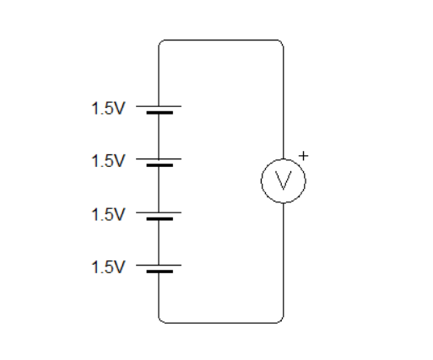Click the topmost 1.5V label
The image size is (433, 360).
(x=108, y=109)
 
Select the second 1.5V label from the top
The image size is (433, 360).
(x=108, y=160)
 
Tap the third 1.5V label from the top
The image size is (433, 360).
(x=108, y=214)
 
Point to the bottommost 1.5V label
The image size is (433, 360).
(x=108, y=267)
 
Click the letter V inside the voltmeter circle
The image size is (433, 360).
(x=284, y=180)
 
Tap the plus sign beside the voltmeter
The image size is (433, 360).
(x=305, y=155)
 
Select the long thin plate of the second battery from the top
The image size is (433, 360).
(x=159, y=158)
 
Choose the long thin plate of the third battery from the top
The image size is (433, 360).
(x=159, y=210)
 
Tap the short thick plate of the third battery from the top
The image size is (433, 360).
(x=159, y=218)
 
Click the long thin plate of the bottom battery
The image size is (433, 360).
(x=159, y=264)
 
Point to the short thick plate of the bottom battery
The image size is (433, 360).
(x=159, y=271)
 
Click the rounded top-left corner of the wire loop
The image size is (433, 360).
(x=162, y=42)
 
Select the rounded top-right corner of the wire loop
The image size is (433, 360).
(x=280, y=42)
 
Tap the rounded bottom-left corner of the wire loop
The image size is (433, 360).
(x=162, y=320)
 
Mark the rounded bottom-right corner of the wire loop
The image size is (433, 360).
(x=280, y=320)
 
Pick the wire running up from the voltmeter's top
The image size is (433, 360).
(x=284, y=101)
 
